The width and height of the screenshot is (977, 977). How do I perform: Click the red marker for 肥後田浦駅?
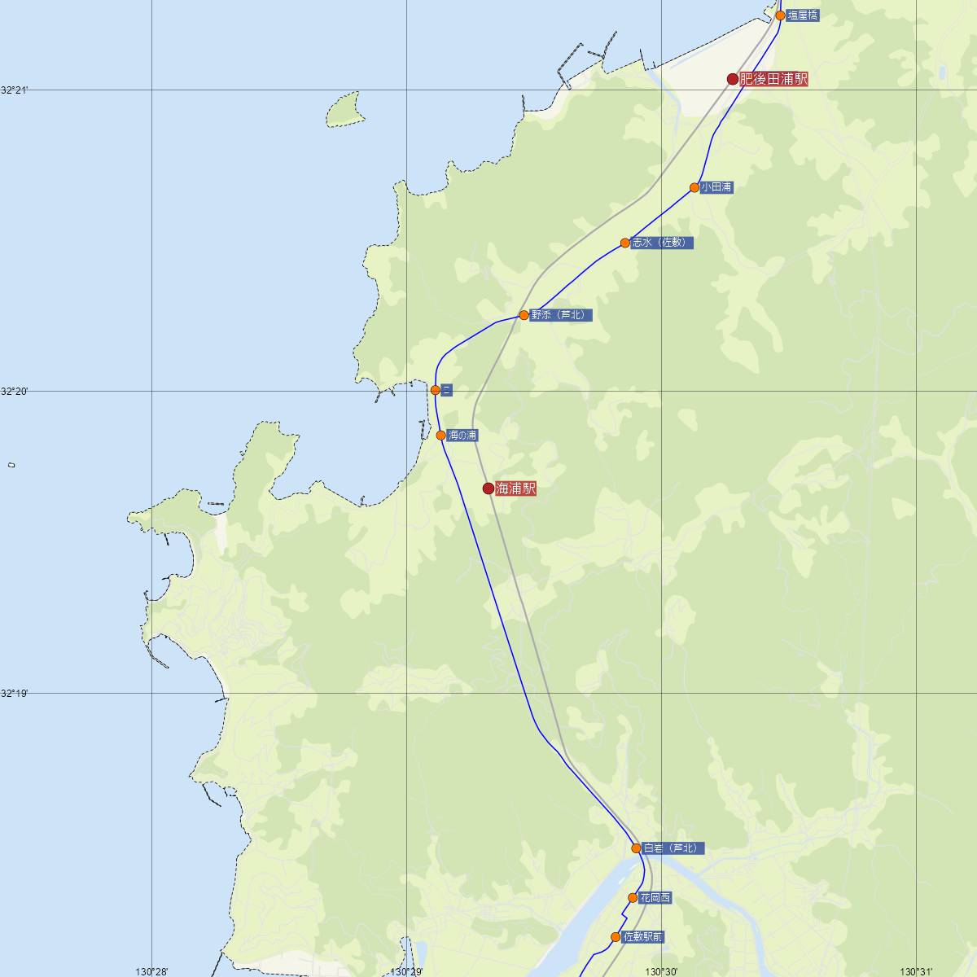733,79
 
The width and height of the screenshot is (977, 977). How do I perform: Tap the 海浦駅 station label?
516,488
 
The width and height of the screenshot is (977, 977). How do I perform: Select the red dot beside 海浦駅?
488,488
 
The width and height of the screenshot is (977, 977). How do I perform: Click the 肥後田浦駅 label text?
773,79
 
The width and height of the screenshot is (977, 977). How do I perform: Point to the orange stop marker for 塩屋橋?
780,15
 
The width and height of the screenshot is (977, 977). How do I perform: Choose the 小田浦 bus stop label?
716,187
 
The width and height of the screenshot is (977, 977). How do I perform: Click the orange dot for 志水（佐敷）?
625,243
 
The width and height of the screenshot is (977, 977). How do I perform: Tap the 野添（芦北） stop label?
562,315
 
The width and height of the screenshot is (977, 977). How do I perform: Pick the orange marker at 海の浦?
441,436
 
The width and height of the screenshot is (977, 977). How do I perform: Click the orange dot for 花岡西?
633,898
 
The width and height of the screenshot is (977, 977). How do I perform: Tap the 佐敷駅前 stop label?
643,937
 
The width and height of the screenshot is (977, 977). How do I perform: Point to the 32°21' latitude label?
14,90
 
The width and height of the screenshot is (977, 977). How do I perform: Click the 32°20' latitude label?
14,392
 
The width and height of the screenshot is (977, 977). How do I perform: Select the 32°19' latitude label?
14,694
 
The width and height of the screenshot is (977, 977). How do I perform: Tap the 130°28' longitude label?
151,971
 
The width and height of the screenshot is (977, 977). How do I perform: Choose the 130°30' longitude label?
661,971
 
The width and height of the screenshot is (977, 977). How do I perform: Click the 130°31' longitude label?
917,971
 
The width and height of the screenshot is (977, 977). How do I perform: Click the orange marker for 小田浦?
694,187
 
